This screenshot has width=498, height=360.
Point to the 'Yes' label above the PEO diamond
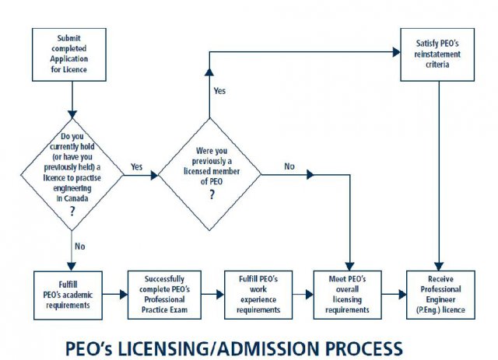[x=219, y=91]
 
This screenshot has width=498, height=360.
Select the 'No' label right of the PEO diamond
[x=290, y=166]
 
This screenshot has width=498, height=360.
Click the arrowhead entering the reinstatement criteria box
[x=395, y=53]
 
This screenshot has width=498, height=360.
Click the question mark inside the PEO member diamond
[x=210, y=195]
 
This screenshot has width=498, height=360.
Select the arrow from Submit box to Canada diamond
[x=72, y=97]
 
